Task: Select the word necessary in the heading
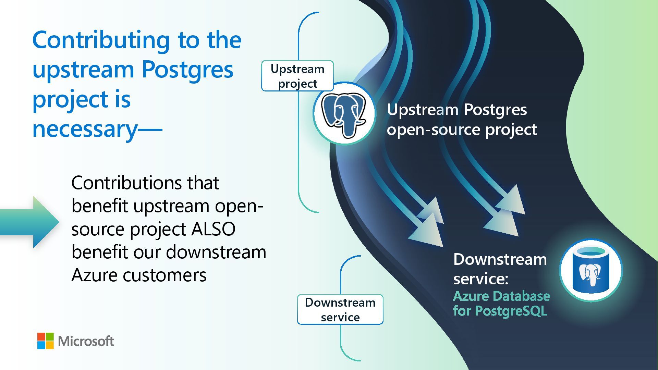click(85, 129)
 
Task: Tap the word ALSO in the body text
click(213, 229)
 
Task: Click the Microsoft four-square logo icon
click(46, 341)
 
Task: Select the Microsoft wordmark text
click(86, 341)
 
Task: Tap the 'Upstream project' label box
click(297, 76)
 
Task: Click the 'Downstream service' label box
click(340, 310)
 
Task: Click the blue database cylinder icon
click(590, 270)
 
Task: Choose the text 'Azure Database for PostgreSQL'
click(501, 304)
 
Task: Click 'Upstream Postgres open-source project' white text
click(461, 120)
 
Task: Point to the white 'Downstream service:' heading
click(500, 269)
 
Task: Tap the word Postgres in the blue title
click(187, 70)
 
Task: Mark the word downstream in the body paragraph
click(216, 252)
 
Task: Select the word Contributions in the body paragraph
click(126, 183)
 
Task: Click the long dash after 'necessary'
click(150, 130)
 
